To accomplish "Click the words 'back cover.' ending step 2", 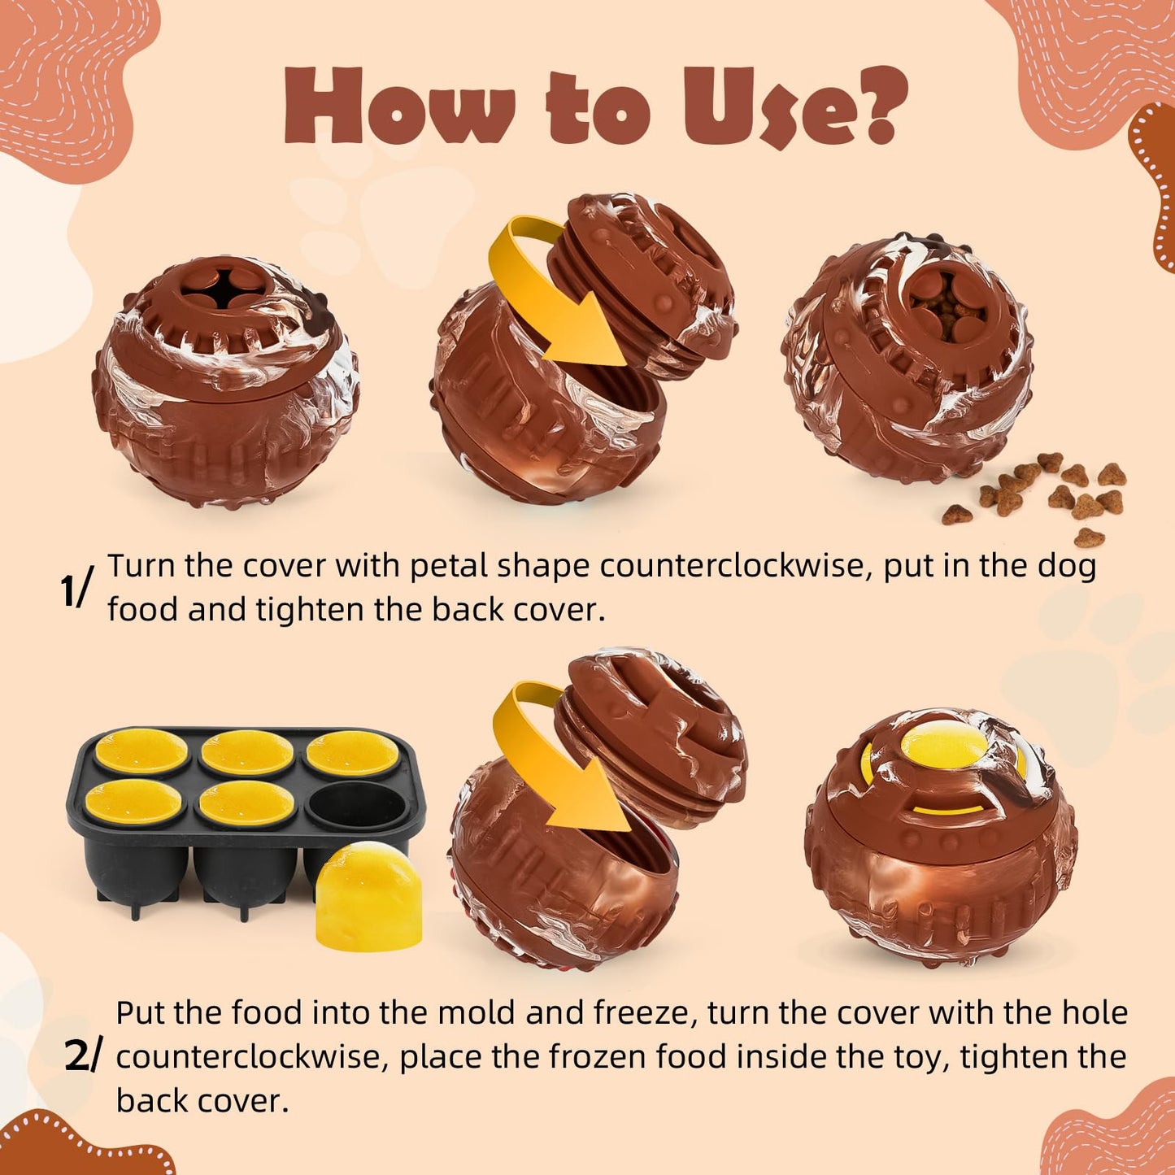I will click(202, 1101).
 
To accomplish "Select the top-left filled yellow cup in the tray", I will click(141, 751).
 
